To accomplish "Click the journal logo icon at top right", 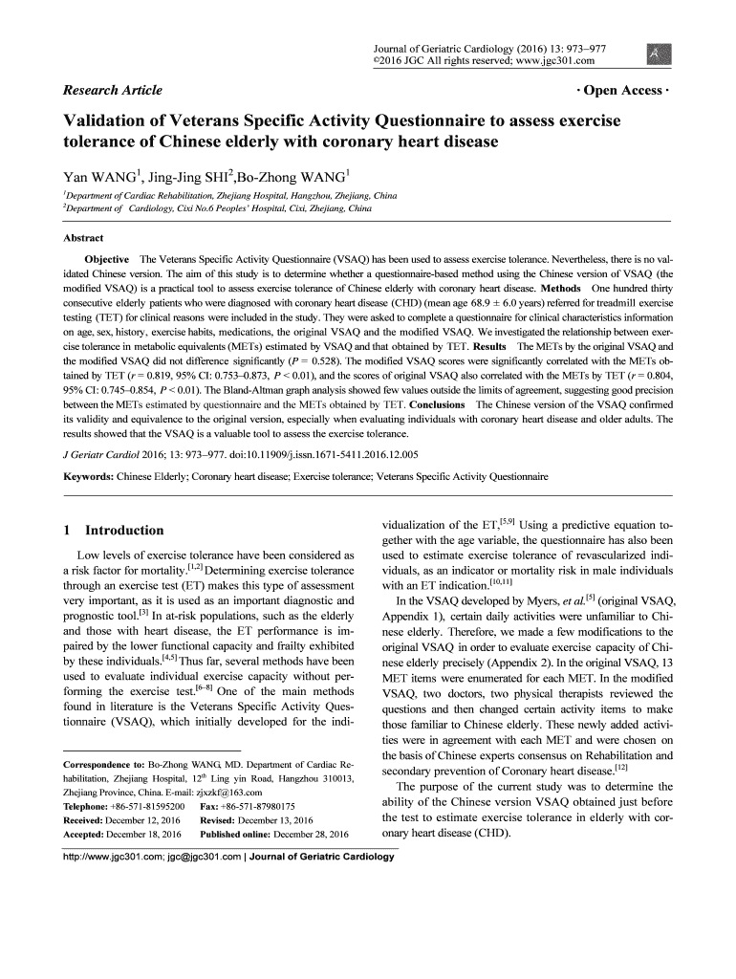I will pyautogui.click(x=659, y=55).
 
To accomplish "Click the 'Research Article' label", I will pyautogui.click(x=112, y=91).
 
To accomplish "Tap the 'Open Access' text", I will pyautogui.click(x=623, y=91).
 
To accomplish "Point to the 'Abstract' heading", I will pyautogui.click(x=83, y=238).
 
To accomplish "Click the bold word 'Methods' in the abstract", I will pyautogui.click(x=565, y=288).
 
